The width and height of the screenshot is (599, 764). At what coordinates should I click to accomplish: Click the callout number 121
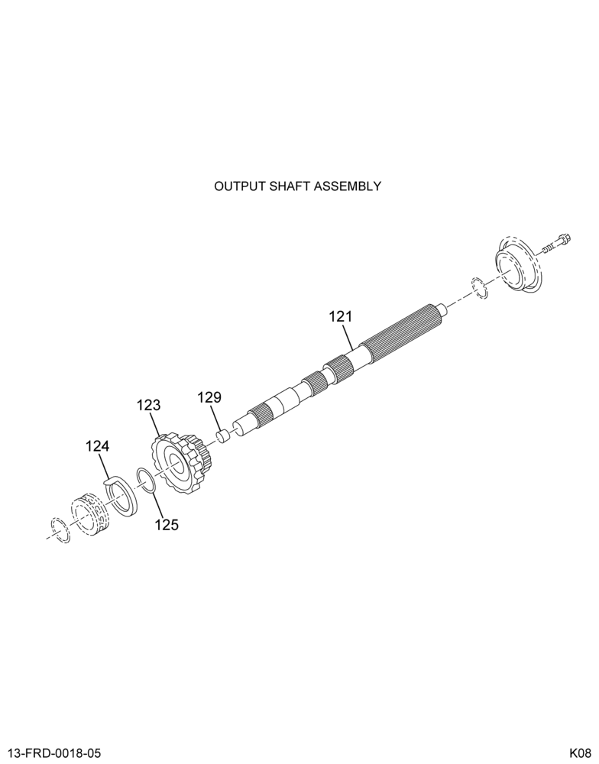[341, 317]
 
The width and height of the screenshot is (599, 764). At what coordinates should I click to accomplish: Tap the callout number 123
[149, 405]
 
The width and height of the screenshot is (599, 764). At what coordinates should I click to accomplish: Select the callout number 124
[98, 446]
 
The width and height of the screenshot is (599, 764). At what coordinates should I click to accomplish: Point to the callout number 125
[167, 525]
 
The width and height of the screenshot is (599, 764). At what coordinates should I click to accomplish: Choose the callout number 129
[209, 397]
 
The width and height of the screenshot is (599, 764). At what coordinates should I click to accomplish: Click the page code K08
[581, 753]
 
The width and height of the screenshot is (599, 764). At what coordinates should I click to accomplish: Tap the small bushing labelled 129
[223, 435]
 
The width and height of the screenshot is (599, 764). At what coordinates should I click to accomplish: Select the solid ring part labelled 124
[121, 494]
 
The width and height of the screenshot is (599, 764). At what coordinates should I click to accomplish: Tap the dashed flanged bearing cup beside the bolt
[519, 266]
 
